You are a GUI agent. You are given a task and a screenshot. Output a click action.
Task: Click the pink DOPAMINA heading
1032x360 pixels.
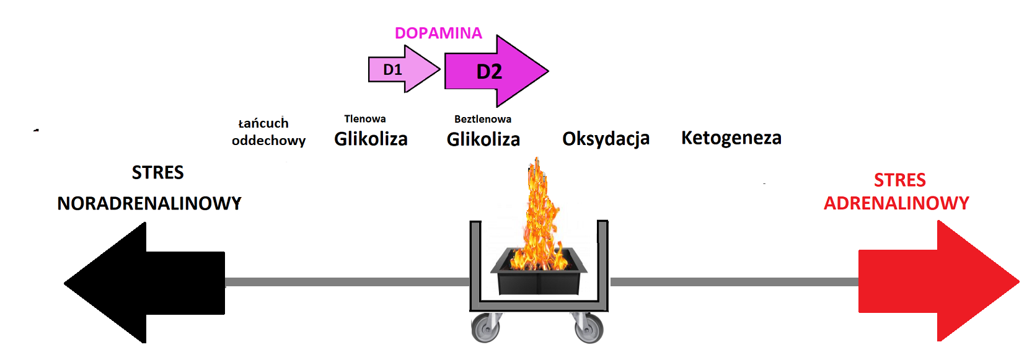click(438, 33)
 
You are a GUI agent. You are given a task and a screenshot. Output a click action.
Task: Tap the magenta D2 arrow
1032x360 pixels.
click(493, 71)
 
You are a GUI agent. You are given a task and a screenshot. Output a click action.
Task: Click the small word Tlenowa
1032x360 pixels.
click(364, 118)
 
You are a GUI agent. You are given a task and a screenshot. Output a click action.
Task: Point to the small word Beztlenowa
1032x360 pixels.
click(482, 119)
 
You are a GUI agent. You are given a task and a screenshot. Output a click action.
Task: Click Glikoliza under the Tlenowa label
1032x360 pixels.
click(371, 139)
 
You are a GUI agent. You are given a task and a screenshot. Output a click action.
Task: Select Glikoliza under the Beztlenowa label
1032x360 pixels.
click(483, 139)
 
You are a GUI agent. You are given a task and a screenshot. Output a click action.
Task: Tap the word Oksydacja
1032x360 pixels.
click(606, 139)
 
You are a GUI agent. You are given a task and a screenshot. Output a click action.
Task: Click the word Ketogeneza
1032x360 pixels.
click(731, 138)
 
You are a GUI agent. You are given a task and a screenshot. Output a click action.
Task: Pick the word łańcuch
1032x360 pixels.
click(263, 123)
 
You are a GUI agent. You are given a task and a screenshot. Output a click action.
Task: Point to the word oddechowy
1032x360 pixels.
click(268, 141)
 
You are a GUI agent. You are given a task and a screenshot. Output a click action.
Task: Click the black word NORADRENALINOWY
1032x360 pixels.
click(149, 203)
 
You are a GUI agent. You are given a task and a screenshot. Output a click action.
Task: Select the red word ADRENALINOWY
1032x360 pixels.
click(896, 203)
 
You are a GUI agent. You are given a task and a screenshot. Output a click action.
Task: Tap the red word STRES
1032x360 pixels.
click(899, 180)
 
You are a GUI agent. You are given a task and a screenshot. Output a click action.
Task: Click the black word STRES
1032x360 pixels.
click(157, 172)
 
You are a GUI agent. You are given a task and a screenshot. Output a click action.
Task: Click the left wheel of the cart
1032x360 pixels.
click(485, 328)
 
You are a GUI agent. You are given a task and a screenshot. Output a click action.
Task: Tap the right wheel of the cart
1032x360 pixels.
click(589, 328)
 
